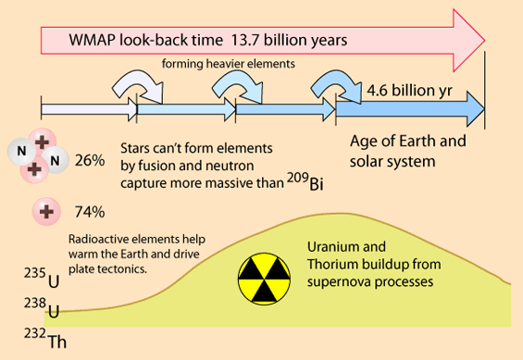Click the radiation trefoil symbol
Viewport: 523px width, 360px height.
264,279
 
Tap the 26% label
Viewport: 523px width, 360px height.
90,161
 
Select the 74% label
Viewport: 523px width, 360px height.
90,212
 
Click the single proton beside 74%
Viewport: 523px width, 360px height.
46,212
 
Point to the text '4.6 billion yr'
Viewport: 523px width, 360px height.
409,91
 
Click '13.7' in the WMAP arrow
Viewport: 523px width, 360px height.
245,40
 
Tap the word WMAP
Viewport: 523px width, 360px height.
92,40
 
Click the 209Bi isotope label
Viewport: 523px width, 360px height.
305,182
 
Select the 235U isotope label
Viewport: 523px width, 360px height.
42,278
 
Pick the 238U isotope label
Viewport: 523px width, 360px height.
42,307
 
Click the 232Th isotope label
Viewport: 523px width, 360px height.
45,338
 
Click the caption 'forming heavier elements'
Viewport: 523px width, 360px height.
229,64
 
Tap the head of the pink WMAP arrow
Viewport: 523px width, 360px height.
469,41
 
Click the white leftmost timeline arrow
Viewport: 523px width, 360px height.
89,109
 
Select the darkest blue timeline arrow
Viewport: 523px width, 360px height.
409,109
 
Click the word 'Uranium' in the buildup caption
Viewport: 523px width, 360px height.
334,247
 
